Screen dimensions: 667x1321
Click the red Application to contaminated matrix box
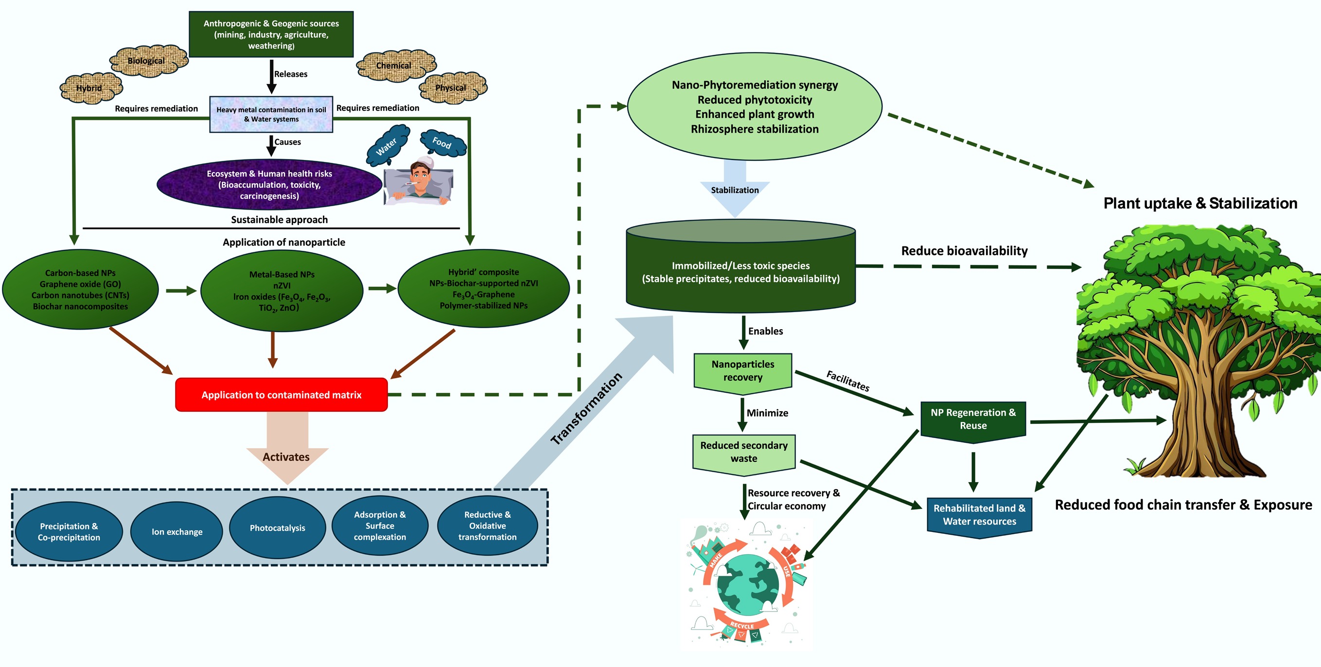281,395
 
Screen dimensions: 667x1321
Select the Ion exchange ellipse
176,532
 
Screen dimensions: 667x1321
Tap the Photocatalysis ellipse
277,527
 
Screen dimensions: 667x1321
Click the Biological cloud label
147,61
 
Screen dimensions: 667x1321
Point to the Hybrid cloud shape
90,88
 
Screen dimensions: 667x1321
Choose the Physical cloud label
451,88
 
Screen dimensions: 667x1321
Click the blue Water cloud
387,145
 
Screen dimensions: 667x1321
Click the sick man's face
420,177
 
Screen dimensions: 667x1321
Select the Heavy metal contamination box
271,114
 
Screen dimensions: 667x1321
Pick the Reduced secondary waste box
743,452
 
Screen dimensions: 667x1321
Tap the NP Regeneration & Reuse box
973,420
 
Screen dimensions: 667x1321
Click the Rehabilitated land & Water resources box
979,515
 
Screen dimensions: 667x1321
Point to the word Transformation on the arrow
586,408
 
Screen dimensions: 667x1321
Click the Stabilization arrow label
734,190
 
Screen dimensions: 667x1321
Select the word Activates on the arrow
286,457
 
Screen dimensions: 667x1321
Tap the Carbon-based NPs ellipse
80,290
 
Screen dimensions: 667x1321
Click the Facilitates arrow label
847,381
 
